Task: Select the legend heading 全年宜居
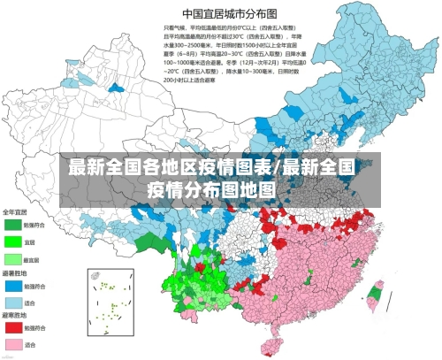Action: point(15,212)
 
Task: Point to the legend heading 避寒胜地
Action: point(15,314)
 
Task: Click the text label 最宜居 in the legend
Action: point(32,260)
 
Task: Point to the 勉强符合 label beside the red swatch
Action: point(34,327)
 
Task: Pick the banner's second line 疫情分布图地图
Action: point(211,188)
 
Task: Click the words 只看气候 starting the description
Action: point(173,29)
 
